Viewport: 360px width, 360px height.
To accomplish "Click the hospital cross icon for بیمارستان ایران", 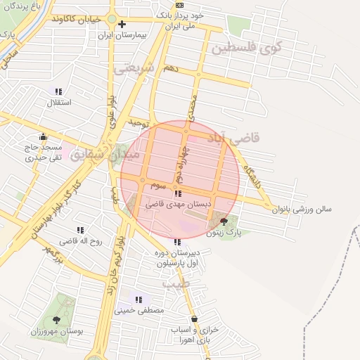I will pyautogui.click(x=122, y=24).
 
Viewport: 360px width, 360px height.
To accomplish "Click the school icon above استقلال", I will pyautogui.click(x=58, y=91).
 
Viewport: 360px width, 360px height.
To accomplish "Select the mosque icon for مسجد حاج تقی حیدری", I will pyautogui.click(x=44, y=136).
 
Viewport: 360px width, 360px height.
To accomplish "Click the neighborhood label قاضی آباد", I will pyautogui.click(x=231, y=136).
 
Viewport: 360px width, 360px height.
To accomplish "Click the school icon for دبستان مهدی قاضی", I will pyautogui.click(x=177, y=193).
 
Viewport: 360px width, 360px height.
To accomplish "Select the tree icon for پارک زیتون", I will pyautogui.click(x=224, y=221).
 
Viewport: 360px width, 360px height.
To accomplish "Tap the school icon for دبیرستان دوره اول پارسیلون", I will pyautogui.click(x=176, y=242).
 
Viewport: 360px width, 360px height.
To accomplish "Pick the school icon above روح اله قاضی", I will pyautogui.click(x=79, y=230).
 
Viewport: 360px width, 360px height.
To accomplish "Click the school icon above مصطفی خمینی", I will pyautogui.click(x=139, y=300).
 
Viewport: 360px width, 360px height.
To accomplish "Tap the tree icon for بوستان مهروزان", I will pyautogui.click(x=57, y=320).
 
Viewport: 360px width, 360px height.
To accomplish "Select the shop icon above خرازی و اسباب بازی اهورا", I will pyautogui.click(x=195, y=319).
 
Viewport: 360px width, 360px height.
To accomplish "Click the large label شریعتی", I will pyautogui.click(x=133, y=68).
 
